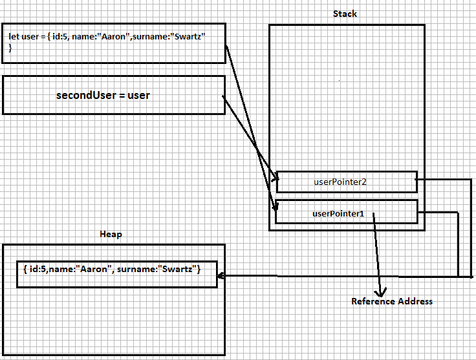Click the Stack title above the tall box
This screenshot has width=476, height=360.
pos(345,14)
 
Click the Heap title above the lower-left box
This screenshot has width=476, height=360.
pos(111,234)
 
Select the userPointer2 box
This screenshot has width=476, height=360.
pos(346,182)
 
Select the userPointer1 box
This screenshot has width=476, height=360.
pos(346,212)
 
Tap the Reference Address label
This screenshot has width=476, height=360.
pos(392,301)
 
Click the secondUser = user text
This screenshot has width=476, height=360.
pos(103,95)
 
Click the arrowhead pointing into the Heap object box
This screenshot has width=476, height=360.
pos(221,277)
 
